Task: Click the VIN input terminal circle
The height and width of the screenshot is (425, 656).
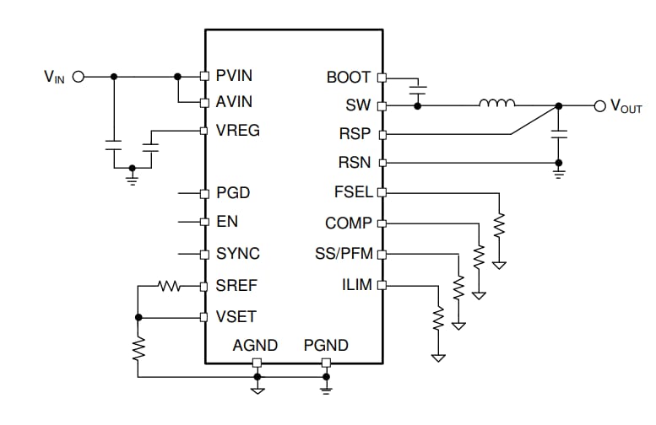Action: [79, 77]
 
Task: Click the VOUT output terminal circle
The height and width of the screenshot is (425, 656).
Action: [600, 105]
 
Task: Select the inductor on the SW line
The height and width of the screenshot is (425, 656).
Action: [497, 105]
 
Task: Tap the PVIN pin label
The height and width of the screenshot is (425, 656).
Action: [234, 76]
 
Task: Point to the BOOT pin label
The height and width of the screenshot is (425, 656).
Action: [349, 78]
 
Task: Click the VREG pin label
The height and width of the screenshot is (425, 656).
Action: [237, 131]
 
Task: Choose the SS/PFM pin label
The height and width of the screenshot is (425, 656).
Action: [345, 254]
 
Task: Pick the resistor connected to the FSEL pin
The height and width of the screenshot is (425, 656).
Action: [499, 226]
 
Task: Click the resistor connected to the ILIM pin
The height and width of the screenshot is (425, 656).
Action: [438, 318]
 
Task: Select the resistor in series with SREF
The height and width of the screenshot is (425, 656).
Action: [171, 287]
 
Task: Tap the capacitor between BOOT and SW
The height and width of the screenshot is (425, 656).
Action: [417, 87]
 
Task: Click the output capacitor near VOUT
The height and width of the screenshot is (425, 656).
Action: [557, 133]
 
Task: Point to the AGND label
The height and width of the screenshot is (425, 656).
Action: [254, 346]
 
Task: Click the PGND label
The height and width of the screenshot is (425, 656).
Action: [326, 346]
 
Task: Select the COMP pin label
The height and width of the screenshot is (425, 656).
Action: [348, 223]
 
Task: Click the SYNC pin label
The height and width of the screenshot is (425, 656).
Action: [237, 254]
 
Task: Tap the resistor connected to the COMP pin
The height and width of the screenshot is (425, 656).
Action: [479, 256]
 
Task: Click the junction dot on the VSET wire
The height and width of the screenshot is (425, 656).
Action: [138, 317]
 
